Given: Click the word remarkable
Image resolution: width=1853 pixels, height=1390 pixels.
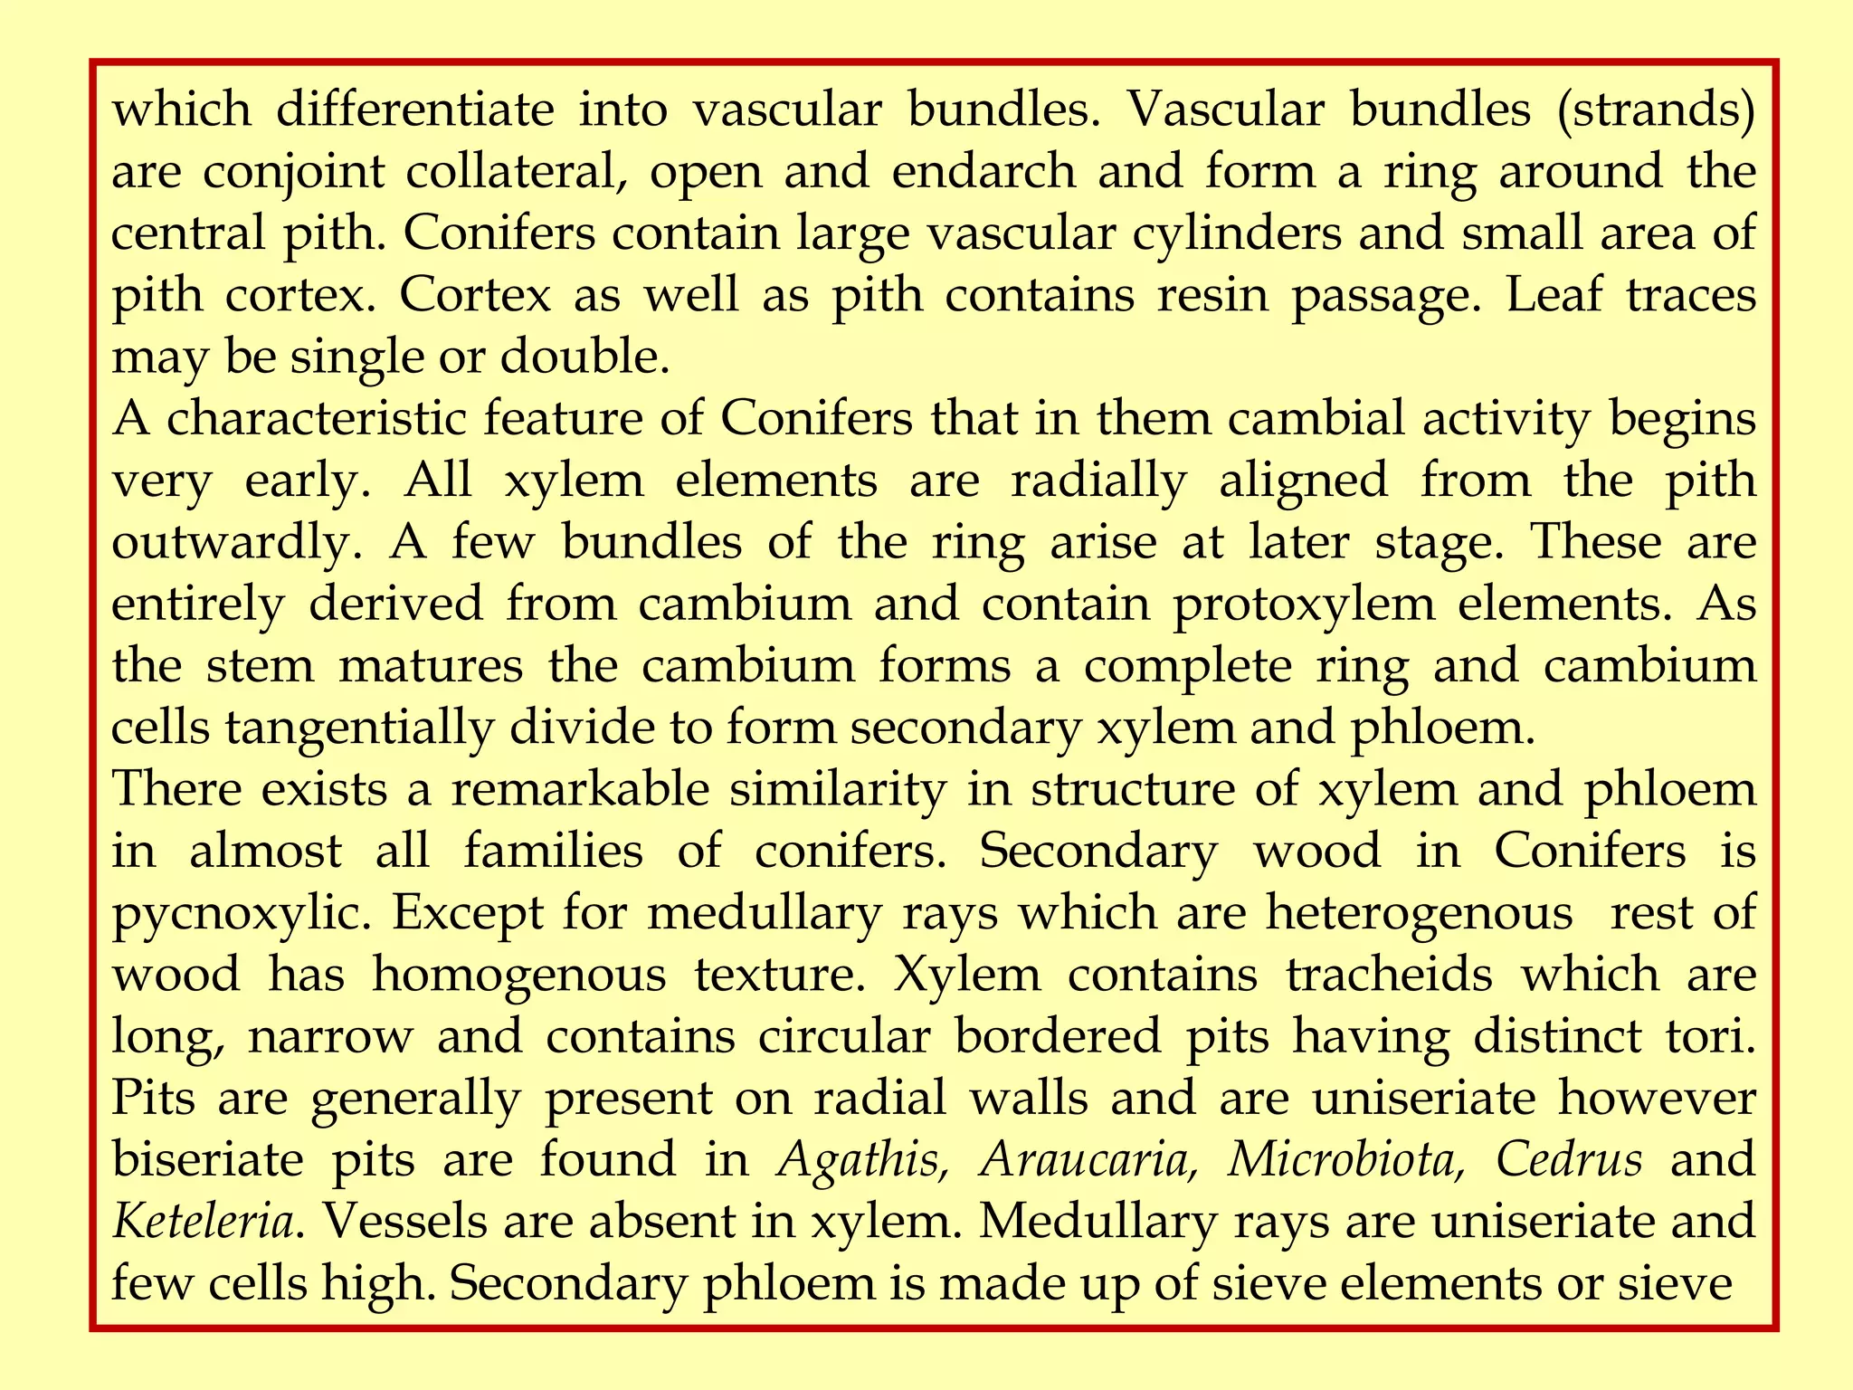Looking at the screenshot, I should (x=580, y=788).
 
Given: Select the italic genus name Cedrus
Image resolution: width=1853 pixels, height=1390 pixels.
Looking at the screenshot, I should (x=1568, y=1159).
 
